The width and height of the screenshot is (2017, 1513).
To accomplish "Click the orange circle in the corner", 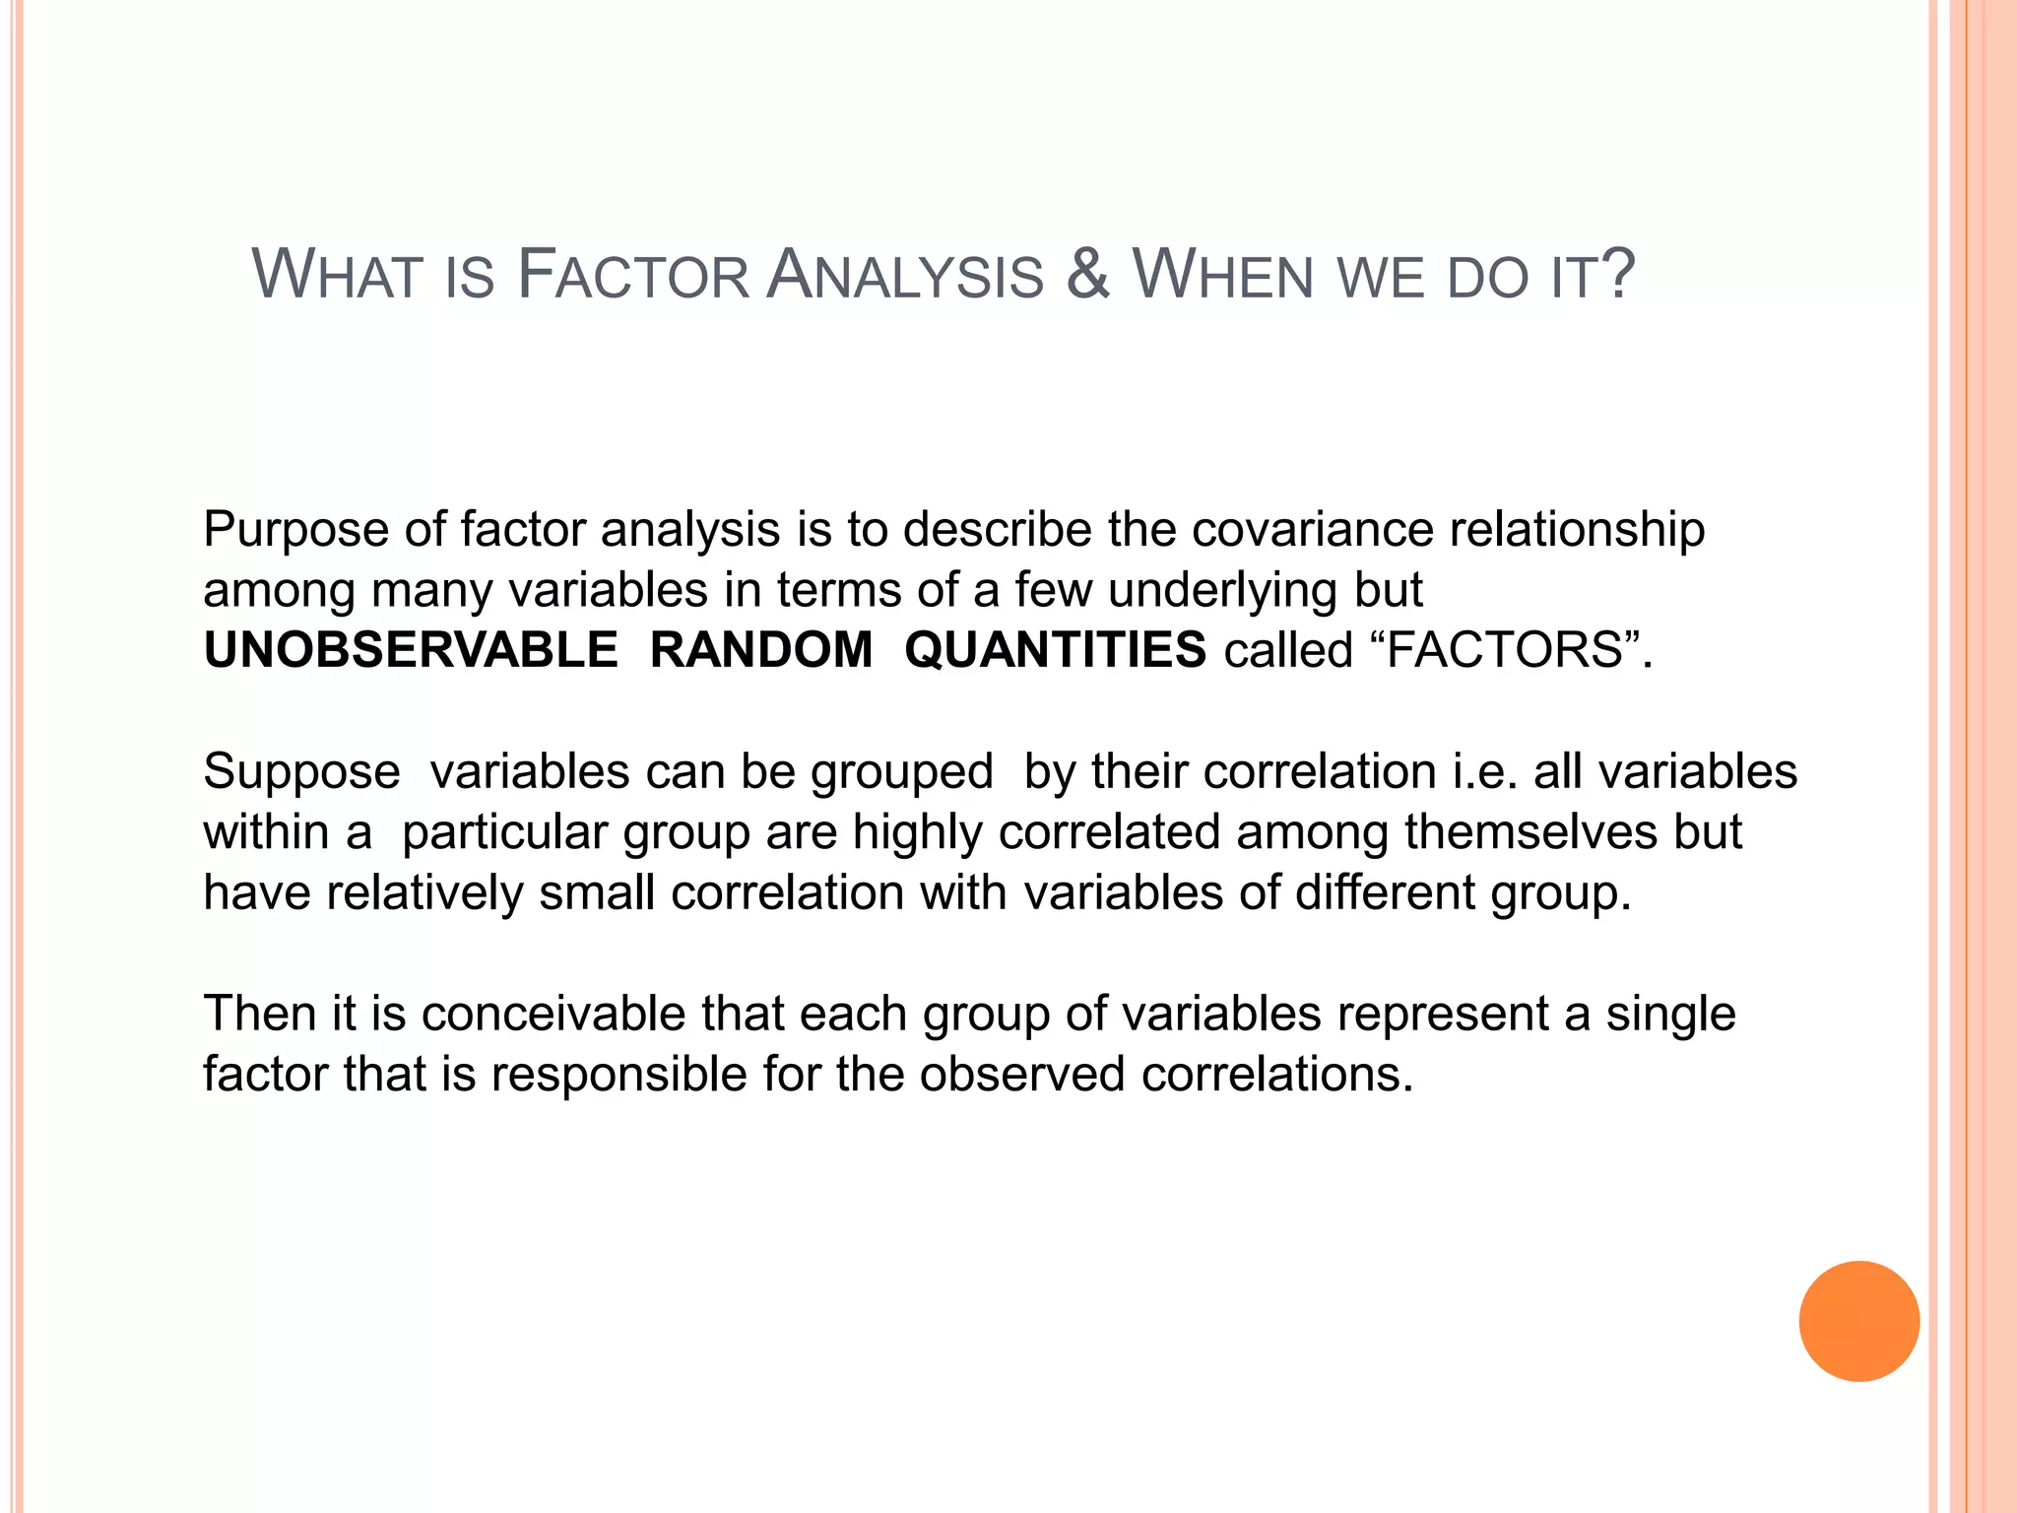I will (x=1858, y=1321).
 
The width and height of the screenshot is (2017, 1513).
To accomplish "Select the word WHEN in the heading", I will (x=1223, y=275).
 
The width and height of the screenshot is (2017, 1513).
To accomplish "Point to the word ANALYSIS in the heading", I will (x=905, y=275).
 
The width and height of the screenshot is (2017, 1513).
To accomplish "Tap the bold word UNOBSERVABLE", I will (x=411, y=650).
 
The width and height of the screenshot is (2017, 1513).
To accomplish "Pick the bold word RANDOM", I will (x=761, y=650).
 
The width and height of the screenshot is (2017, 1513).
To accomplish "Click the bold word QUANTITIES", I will (x=1055, y=650).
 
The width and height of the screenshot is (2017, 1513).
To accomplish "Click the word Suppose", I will (x=301, y=772).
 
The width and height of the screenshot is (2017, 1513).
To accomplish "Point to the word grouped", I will (x=901, y=772).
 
